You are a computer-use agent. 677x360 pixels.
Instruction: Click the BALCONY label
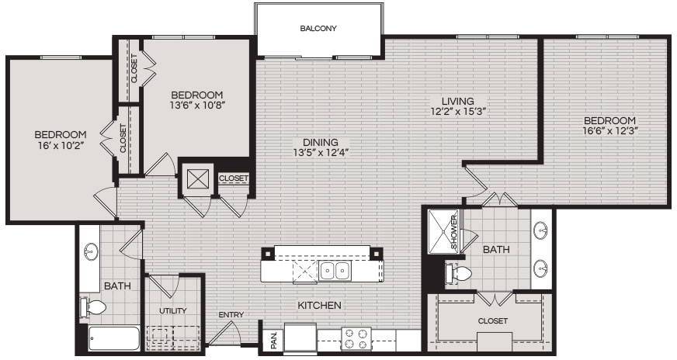(x=318, y=29)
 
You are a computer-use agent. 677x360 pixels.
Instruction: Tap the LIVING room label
(x=457, y=102)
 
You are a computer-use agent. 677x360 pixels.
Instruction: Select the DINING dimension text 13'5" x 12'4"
(x=321, y=152)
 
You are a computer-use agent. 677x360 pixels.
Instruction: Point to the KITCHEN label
(x=320, y=305)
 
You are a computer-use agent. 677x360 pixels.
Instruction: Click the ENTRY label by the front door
(x=231, y=315)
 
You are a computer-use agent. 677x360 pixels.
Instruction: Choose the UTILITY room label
(x=172, y=310)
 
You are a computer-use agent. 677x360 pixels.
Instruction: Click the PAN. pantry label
(x=274, y=341)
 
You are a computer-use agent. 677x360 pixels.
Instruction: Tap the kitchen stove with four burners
(x=356, y=339)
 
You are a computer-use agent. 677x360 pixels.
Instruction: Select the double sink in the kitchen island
(x=335, y=271)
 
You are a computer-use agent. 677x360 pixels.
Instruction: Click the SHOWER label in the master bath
(x=454, y=232)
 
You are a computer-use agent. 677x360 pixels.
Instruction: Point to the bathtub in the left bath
(x=114, y=338)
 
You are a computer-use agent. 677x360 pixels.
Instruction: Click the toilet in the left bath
(x=93, y=308)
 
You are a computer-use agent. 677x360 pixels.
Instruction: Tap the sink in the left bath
(x=91, y=251)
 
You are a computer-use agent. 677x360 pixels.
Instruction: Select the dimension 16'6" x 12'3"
(x=609, y=131)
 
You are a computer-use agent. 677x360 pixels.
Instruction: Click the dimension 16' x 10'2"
(x=61, y=145)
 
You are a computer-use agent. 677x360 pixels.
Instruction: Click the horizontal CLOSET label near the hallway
(x=234, y=178)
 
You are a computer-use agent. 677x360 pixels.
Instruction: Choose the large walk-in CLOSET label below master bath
(x=493, y=320)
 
